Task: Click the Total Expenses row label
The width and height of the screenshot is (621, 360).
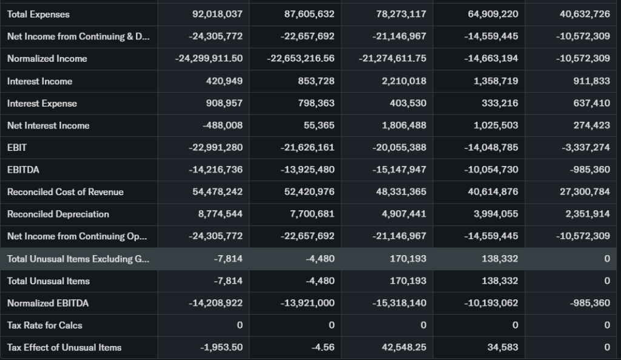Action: pos(38,14)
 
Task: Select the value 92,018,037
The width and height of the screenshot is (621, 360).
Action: pos(217,14)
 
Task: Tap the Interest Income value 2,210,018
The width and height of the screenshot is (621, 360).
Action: pos(400,81)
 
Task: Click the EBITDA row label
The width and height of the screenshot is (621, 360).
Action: pos(23,170)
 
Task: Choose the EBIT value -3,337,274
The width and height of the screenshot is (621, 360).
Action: pos(583,147)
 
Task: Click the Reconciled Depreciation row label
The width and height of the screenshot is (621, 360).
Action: pos(58,214)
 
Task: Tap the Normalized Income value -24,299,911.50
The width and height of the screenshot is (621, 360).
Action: pos(207,59)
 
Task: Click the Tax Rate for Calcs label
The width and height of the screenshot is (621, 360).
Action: pos(44,325)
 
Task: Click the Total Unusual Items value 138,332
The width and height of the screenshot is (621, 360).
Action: pos(499,281)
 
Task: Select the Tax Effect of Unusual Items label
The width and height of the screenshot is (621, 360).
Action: pos(64,347)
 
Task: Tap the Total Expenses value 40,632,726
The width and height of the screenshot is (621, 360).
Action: pos(584,14)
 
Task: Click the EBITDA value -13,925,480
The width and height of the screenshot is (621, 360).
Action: pos(307,170)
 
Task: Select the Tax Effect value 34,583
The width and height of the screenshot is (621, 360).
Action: pos(503,347)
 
